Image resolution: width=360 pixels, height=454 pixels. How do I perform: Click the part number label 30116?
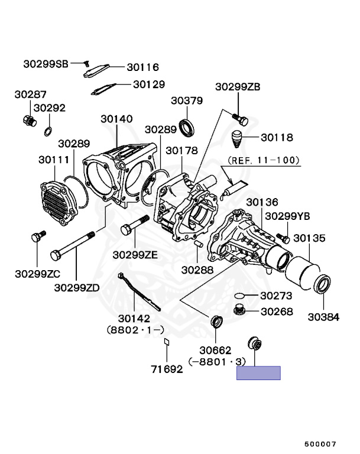click(x=142, y=67)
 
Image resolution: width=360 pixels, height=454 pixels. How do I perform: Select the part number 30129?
click(x=148, y=85)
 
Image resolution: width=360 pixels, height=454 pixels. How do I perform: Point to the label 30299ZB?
click(x=237, y=87)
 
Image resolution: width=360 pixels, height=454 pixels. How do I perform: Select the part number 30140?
click(x=116, y=119)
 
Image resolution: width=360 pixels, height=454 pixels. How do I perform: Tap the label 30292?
click(x=49, y=108)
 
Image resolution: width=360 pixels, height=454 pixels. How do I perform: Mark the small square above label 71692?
click(x=167, y=341)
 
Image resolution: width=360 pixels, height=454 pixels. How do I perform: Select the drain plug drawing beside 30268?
click(x=239, y=310)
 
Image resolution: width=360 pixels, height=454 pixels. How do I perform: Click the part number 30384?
click(x=323, y=316)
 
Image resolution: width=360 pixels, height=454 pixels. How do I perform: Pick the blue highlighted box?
click(x=258, y=373)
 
